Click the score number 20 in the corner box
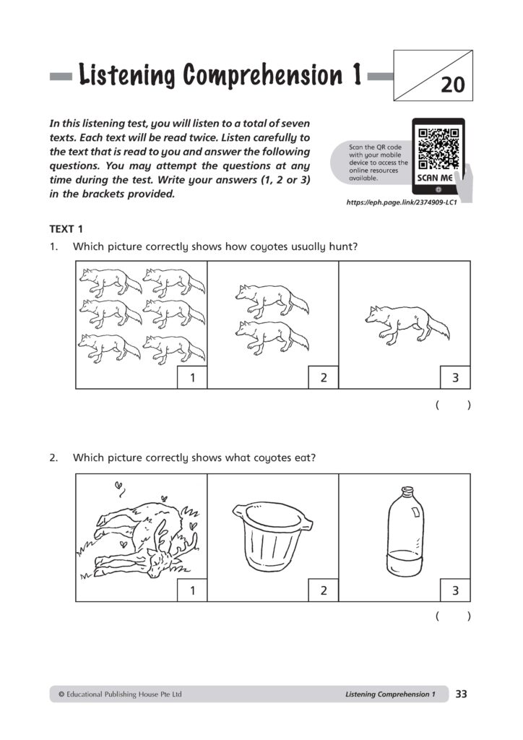pyautogui.click(x=453, y=86)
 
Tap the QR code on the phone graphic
pyautogui.click(x=438, y=147)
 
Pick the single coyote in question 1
pyautogui.click(x=407, y=322)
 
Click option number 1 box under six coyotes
pyautogui.click(x=193, y=377)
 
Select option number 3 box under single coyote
pyautogui.click(x=456, y=377)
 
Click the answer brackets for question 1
pyautogui.click(x=454, y=406)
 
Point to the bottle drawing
pyautogui.click(x=404, y=531)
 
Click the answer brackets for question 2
pyautogui.click(x=454, y=616)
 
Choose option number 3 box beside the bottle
pyautogui.click(x=456, y=590)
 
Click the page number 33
pyautogui.click(x=462, y=694)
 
